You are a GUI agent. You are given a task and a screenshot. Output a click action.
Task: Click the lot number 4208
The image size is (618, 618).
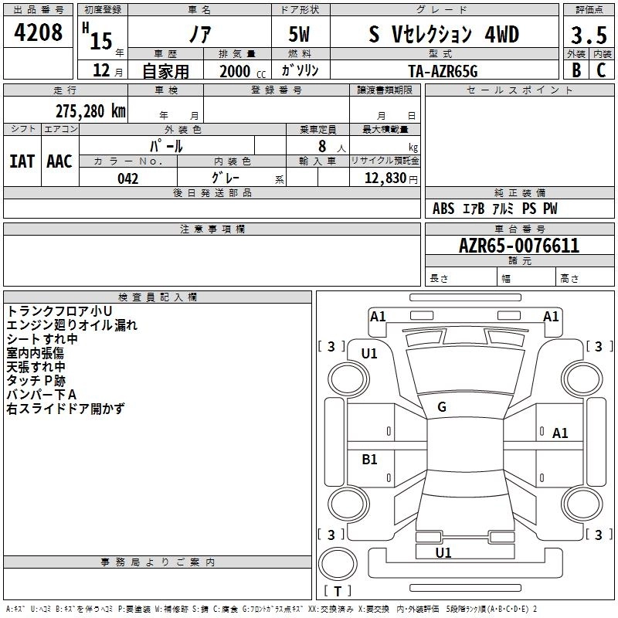pyautogui.click(x=39, y=32)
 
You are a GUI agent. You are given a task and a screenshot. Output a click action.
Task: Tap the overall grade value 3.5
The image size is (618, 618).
pyautogui.click(x=588, y=36)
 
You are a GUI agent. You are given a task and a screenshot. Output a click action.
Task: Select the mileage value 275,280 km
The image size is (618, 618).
pyautogui.click(x=90, y=110)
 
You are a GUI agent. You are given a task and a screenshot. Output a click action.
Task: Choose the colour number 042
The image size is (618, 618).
pyautogui.click(x=128, y=178)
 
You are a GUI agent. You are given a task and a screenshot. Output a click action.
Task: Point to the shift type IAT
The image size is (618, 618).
pyautogui.click(x=22, y=161)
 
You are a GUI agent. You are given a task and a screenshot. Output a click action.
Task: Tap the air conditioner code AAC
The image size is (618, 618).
pyautogui.click(x=59, y=161)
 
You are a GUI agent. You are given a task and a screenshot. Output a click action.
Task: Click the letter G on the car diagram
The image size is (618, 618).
pyautogui.click(x=442, y=407)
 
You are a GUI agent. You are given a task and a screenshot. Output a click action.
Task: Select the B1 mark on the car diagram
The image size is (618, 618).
pyautogui.click(x=369, y=460)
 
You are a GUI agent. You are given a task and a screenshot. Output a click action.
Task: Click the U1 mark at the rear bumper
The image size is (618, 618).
pyautogui.click(x=443, y=552)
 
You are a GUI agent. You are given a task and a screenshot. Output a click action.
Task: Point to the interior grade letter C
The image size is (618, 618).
pyautogui.click(x=601, y=70)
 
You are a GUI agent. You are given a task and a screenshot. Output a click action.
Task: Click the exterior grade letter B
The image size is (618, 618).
pyautogui.click(x=576, y=70)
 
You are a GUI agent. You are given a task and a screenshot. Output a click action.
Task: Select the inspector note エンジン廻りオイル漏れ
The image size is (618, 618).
pyautogui.click(x=72, y=325)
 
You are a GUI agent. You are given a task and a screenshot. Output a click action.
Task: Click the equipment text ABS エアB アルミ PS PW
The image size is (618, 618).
pyautogui.click(x=494, y=209)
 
